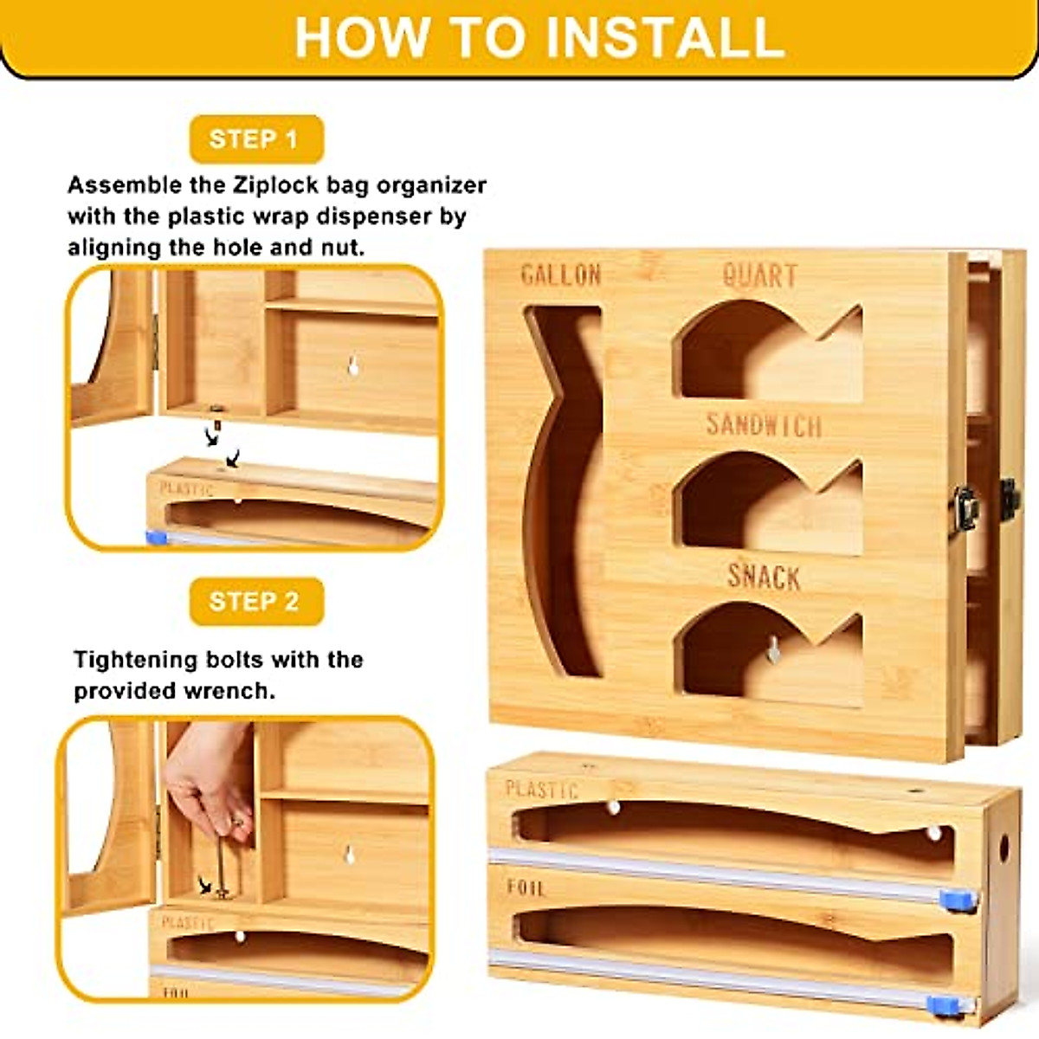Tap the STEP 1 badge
click(x=255, y=139)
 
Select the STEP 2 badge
click(x=255, y=601)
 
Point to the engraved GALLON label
click(x=561, y=275)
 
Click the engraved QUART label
click(x=759, y=275)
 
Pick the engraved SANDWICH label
click(x=763, y=424)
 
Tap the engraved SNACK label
click(x=763, y=576)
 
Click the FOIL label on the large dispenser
click(x=526, y=887)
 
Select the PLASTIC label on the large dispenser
click(x=541, y=789)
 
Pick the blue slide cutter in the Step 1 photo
click(x=156, y=538)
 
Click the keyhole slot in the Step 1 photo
click(x=353, y=366)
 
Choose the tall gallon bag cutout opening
click(x=563, y=485)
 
